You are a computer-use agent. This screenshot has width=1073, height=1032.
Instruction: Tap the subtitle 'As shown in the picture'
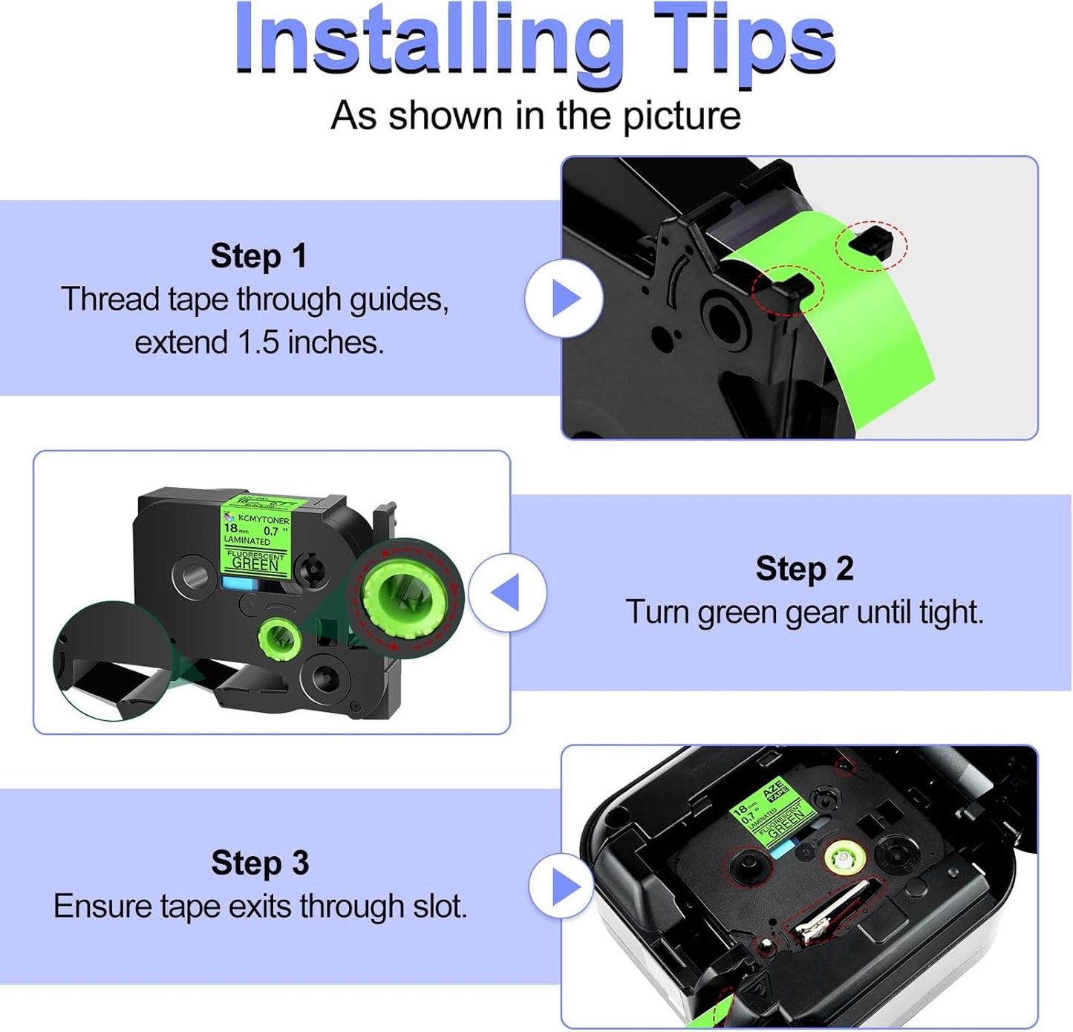point(535,116)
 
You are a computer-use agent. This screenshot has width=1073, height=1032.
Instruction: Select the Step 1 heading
point(258,256)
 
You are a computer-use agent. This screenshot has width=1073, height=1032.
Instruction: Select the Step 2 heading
point(804,569)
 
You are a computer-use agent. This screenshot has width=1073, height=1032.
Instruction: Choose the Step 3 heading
point(259,863)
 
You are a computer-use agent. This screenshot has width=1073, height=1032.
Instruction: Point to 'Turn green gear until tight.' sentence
point(804,613)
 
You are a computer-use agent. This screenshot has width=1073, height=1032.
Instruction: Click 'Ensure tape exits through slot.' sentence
point(260,907)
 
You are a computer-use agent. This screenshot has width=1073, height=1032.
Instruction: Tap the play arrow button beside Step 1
point(564,298)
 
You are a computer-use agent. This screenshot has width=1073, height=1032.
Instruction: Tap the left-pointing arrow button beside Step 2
point(507,593)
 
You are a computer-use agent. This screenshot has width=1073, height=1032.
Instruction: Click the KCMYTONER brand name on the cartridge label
point(264,520)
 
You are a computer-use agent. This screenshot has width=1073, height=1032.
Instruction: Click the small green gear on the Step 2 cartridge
point(279,637)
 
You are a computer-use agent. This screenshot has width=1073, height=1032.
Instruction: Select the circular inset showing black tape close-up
point(111,661)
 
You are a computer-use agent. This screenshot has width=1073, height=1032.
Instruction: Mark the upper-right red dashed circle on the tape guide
point(871,245)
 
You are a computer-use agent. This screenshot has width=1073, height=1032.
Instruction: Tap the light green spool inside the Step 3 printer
point(841,859)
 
